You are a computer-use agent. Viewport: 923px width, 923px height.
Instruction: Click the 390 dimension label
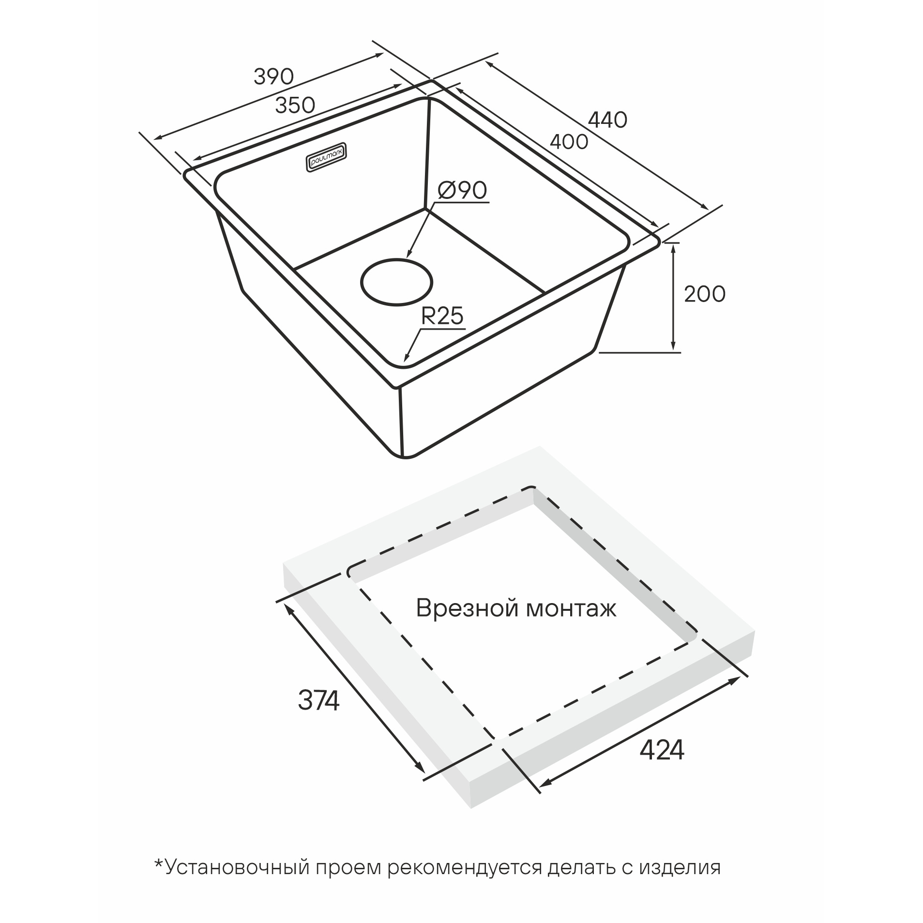(273, 76)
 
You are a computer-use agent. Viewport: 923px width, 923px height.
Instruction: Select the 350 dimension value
(295, 105)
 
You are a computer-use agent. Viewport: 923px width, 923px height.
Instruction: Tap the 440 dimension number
(607, 120)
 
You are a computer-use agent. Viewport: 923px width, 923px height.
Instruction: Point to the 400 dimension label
(569, 141)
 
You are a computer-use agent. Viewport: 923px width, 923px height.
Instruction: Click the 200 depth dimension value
(704, 294)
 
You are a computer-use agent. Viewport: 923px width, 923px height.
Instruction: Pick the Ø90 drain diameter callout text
(462, 191)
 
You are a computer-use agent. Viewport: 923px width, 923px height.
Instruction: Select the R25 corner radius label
(442, 316)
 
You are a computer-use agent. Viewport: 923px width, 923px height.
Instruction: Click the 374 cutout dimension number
(318, 700)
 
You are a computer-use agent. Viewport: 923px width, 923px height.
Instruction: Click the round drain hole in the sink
(396, 283)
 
